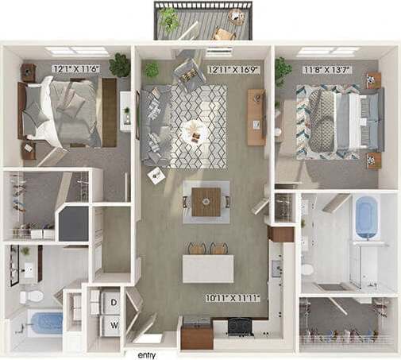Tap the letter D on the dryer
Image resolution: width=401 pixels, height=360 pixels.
[114, 302]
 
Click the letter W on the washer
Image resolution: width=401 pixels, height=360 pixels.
[114, 325]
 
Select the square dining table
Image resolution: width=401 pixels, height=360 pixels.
[206, 202]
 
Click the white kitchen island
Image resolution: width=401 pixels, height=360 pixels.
[208, 269]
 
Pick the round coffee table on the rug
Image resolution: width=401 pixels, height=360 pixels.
[192, 129]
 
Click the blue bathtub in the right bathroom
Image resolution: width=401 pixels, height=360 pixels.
[367, 216]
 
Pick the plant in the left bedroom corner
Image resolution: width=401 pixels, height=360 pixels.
[120, 64]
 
